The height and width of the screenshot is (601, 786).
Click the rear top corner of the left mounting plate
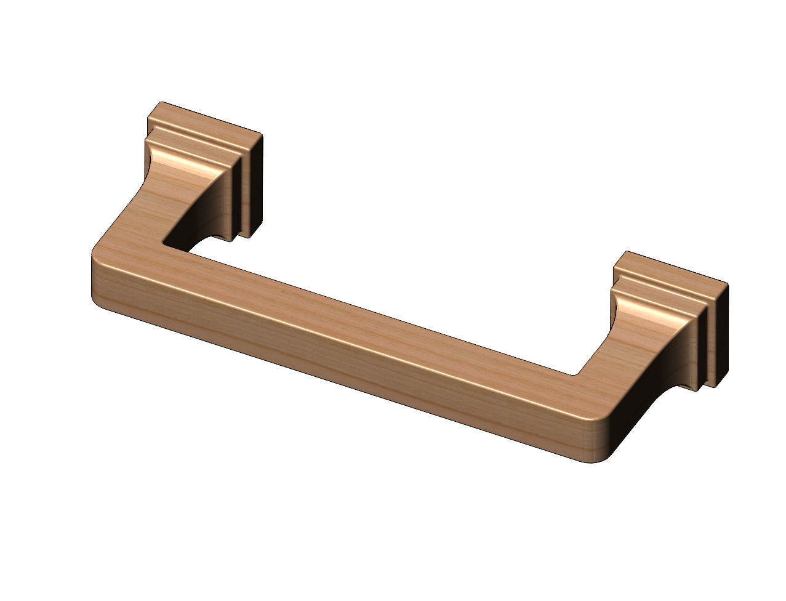161,103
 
